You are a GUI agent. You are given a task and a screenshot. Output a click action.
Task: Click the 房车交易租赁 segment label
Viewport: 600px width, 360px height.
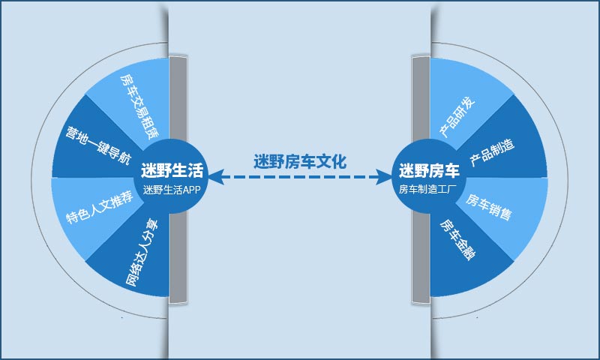click(x=139, y=106)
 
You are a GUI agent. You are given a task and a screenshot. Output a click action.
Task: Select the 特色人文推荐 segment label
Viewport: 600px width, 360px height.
click(x=100, y=207)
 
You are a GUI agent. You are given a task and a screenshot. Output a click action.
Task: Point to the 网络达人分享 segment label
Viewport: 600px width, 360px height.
click(x=142, y=253)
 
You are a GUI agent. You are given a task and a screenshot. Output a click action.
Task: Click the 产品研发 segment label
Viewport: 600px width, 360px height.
click(x=457, y=117)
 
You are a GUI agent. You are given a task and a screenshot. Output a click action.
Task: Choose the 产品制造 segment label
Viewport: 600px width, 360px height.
click(x=492, y=152)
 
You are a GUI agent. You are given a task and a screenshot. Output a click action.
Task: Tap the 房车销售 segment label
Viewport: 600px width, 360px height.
click(x=489, y=207)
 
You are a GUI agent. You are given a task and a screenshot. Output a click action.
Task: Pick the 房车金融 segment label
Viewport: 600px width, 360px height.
click(x=457, y=239)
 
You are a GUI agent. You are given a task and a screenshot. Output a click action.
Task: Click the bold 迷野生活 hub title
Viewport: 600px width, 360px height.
click(x=172, y=170)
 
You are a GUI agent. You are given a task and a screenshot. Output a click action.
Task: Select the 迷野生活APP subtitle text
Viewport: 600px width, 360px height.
click(x=172, y=190)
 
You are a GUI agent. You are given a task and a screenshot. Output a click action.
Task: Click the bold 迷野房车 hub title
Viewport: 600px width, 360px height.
click(x=429, y=170)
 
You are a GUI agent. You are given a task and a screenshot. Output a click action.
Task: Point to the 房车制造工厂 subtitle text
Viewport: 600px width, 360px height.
click(x=427, y=189)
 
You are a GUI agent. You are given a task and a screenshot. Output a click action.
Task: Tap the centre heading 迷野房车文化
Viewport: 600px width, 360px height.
click(x=300, y=161)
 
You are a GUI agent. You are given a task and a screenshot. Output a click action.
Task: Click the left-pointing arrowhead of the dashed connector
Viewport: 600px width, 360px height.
click(x=215, y=177)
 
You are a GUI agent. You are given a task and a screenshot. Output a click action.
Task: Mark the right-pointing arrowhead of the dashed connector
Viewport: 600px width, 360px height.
click(x=385, y=177)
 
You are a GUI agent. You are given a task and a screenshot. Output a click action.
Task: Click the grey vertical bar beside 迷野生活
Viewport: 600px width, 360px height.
click(x=178, y=180)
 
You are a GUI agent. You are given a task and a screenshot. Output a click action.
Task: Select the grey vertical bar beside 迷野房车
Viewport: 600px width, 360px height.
click(x=421, y=180)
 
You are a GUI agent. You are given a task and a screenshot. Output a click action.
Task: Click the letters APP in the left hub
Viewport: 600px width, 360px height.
click(x=192, y=190)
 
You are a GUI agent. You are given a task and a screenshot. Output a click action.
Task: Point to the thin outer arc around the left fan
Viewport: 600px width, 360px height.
click(x=31, y=180)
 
